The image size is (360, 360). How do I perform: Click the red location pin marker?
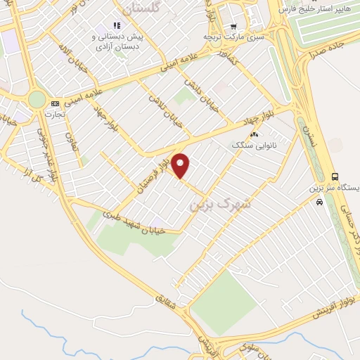tap(181, 165)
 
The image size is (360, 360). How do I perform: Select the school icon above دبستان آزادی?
tap(116, 26)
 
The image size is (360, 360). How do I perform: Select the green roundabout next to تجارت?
tap(37, 99)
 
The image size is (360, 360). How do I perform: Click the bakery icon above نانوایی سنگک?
tap(254, 134)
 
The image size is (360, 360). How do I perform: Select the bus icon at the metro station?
tap(335, 176)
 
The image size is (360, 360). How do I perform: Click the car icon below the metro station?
tap(320, 202)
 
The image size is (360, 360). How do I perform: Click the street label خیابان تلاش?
tap(161, 107)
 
